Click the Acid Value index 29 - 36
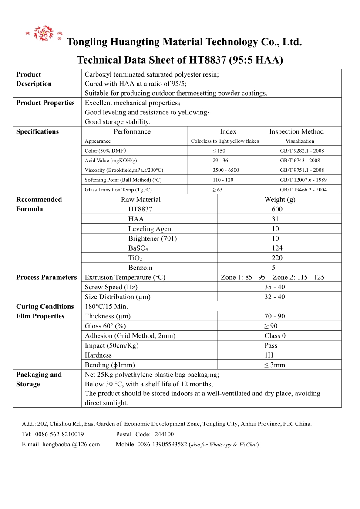coord(220,161)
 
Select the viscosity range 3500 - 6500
coord(225,170)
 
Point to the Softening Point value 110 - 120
coord(223,180)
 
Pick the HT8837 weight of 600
coord(277,209)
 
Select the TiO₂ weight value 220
coord(277,258)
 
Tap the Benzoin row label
coord(140,268)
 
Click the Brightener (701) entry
coord(152,238)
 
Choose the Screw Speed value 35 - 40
coord(275,287)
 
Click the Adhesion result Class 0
coord(275,336)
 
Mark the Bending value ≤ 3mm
coord(274,365)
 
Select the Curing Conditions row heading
coord(45,307)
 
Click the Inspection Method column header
coord(296,131)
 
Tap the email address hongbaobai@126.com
coord(71,445)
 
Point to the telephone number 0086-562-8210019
coord(59,435)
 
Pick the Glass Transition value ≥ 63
coord(217,190)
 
